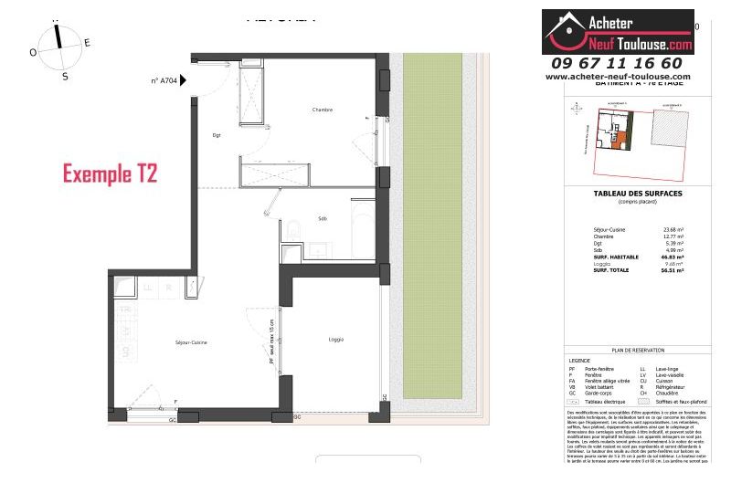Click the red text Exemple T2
[x=110, y=173]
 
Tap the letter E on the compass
[x=88, y=43]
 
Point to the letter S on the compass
[x=65, y=77]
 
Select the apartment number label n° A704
[x=164, y=80]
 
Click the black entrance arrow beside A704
[x=184, y=80]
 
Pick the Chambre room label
[x=322, y=110]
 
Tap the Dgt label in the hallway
[x=217, y=135]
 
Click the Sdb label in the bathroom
[x=323, y=218]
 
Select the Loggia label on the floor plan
[x=336, y=340]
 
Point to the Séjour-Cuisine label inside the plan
[x=191, y=342]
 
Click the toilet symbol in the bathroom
[x=290, y=228]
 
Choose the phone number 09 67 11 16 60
[x=617, y=63]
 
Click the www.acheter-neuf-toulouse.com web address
[x=618, y=77]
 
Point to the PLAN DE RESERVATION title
[x=629, y=349]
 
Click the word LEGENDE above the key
[x=581, y=361]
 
